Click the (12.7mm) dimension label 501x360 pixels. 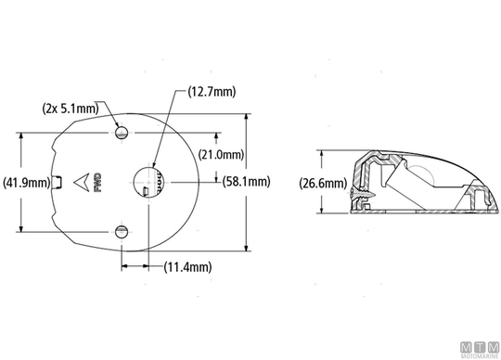[x=212, y=92]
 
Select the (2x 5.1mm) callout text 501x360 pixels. [x=71, y=109]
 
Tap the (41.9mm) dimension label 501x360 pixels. [x=27, y=183]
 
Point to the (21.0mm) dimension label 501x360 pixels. [x=221, y=155]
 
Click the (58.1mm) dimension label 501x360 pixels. [x=247, y=182]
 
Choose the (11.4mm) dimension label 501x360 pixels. [x=187, y=266]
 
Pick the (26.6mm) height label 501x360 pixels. [x=323, y=184]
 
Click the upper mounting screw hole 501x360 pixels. [x=122, y=133]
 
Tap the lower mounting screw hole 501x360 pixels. [x=122, y=232]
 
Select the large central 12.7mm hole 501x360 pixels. [x=149, y=182]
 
